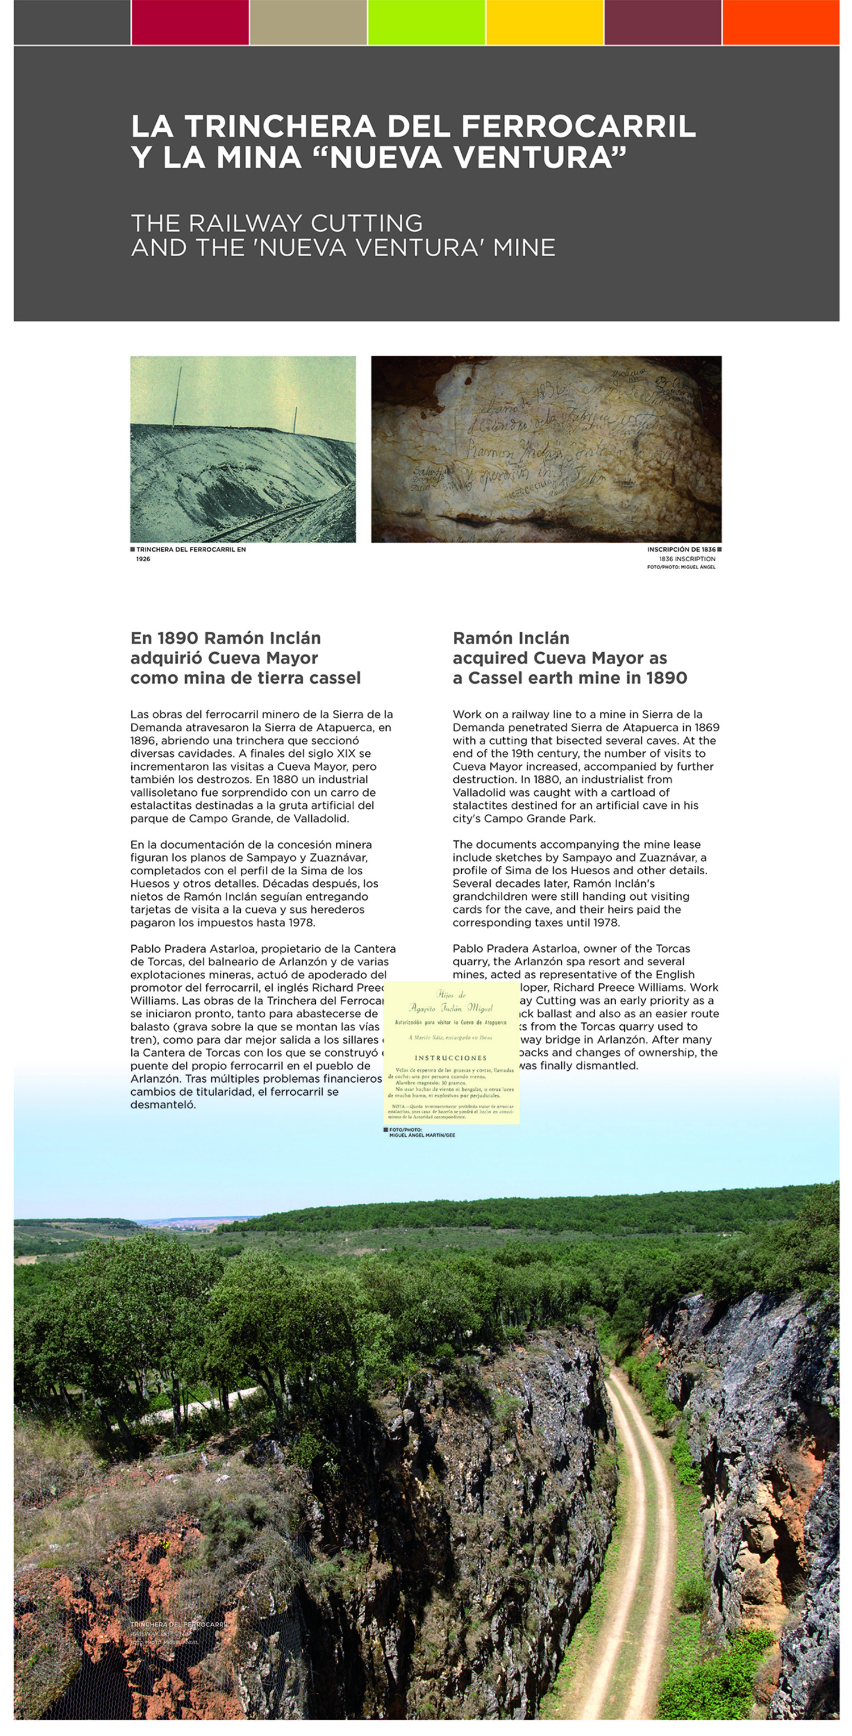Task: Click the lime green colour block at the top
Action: click(426, 22)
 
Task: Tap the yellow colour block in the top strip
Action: click(544, 22)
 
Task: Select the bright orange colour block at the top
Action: click(780, 22)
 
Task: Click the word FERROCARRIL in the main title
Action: click(578, 127)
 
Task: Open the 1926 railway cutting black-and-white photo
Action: click(243, 449)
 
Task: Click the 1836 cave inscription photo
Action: click(546, 449)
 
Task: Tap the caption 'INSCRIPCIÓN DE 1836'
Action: click(681, 549)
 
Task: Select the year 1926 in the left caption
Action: click(143, 558)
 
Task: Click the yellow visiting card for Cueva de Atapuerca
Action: click(451, 1052)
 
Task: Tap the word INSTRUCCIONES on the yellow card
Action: click(450, 1057)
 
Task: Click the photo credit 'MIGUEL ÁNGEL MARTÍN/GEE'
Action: click(422, 1135)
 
